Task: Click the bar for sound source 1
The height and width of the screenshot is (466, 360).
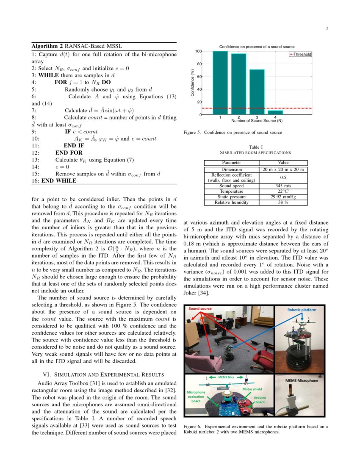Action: [220, 83]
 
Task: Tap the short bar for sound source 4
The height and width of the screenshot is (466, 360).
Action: [275, 112]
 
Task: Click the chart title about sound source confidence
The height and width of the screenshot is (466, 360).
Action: [257, 46]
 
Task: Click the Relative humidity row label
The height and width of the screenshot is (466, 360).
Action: [231, 202]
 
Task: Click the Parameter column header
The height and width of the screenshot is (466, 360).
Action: [231, 162]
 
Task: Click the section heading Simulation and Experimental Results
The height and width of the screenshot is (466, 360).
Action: [104, 374]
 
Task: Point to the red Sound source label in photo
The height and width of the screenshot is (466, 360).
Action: [200, 309]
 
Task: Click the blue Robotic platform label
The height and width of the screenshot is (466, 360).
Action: [302, 310]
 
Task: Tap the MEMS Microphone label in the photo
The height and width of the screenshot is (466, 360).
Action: [302, 381]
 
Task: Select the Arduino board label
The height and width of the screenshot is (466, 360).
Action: [260, 400]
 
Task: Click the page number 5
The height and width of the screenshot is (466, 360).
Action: [327, 28]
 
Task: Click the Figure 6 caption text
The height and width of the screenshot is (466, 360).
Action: [256, 429]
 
